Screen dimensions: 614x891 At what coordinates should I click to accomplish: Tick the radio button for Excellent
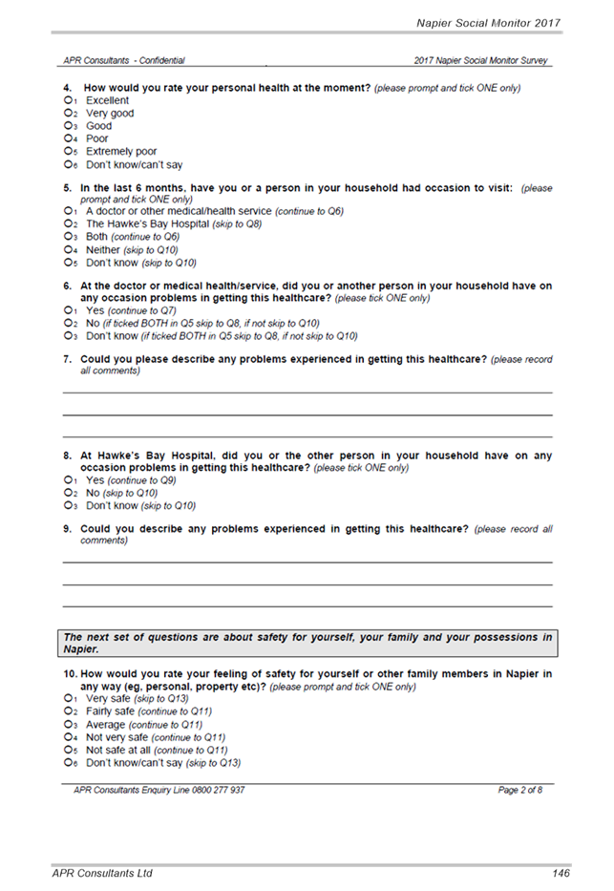[x=68, y=100]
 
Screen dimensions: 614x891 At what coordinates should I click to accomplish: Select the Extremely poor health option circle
[x=68, y=151]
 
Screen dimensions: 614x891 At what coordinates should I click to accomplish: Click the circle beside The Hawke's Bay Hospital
[x=68, y=223]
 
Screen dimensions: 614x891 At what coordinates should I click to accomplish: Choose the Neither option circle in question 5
[x=68, y=249]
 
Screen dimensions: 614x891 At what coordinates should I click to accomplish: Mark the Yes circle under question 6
[x=68, y=310]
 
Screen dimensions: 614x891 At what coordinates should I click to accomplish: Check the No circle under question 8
[x=68, y=493]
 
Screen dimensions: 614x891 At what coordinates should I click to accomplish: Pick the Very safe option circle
[x=68, y=698]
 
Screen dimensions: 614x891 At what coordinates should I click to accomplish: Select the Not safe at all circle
[x=68, y=750]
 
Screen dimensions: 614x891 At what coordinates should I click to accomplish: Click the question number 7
[x=68, y=359]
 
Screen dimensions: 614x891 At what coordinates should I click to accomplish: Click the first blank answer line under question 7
[x=307, y=392]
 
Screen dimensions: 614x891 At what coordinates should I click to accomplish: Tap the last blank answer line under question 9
[x=307, y=606]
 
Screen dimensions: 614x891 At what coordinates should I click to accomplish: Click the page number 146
[x=561, y=874]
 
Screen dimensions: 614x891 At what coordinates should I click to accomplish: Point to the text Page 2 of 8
[x=520, y=790]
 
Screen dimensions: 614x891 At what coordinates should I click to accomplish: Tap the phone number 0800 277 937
[x=218, y=790]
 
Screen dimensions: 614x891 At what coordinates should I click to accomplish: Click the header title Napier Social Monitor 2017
[x=489, y=23]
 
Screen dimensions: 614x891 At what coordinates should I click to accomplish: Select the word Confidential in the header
[x=162, y=60]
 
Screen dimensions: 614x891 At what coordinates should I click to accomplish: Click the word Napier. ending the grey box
[x=81, y=649]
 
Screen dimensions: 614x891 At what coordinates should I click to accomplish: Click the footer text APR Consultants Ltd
[x=102, y=874]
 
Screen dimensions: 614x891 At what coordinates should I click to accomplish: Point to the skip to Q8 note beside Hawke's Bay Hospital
[x=237, y=223]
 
